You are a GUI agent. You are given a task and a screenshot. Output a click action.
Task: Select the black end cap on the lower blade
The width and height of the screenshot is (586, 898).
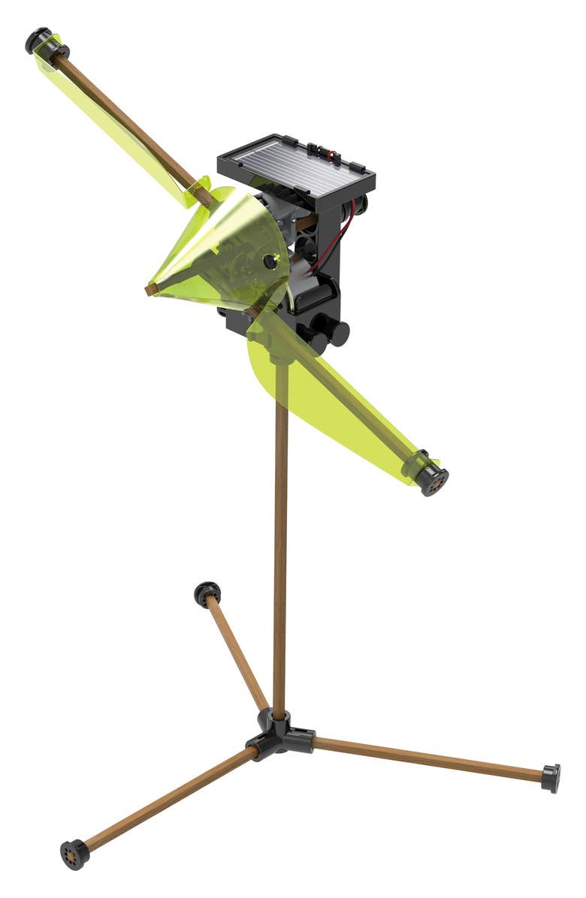click(432, 478)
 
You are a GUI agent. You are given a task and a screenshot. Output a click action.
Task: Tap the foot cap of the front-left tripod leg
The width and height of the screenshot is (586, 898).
click(74, 854)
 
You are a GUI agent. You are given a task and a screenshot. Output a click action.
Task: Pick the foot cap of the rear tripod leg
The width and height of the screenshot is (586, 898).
click(207, 592)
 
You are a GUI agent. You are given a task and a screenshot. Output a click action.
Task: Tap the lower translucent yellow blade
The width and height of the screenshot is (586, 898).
click(331, 398)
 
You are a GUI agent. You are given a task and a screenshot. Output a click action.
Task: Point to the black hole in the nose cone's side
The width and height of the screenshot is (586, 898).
click(268, 262)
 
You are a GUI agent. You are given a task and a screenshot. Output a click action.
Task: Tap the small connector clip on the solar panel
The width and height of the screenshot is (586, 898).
click(328, 155)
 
